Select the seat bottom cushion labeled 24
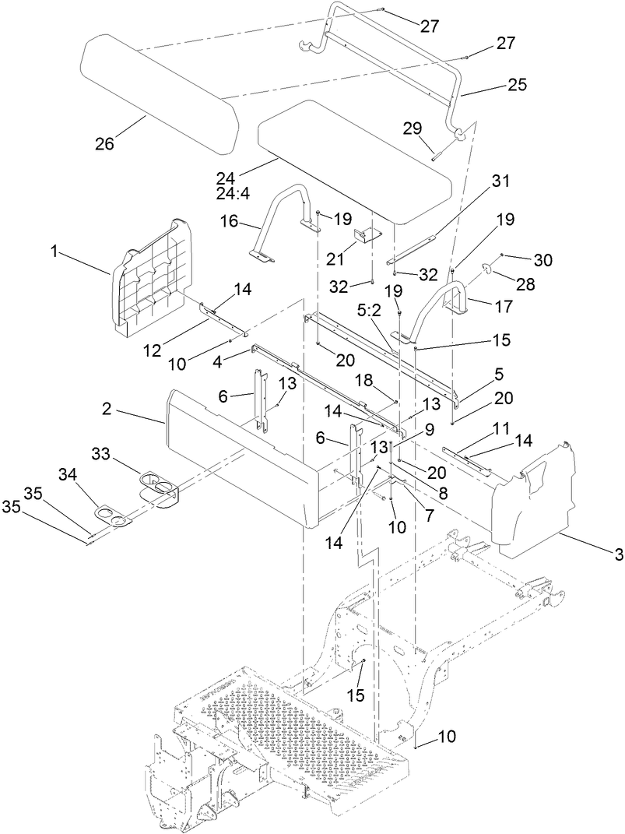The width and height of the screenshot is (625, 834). [354, 160]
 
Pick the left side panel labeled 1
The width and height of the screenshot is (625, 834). [152, 280]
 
